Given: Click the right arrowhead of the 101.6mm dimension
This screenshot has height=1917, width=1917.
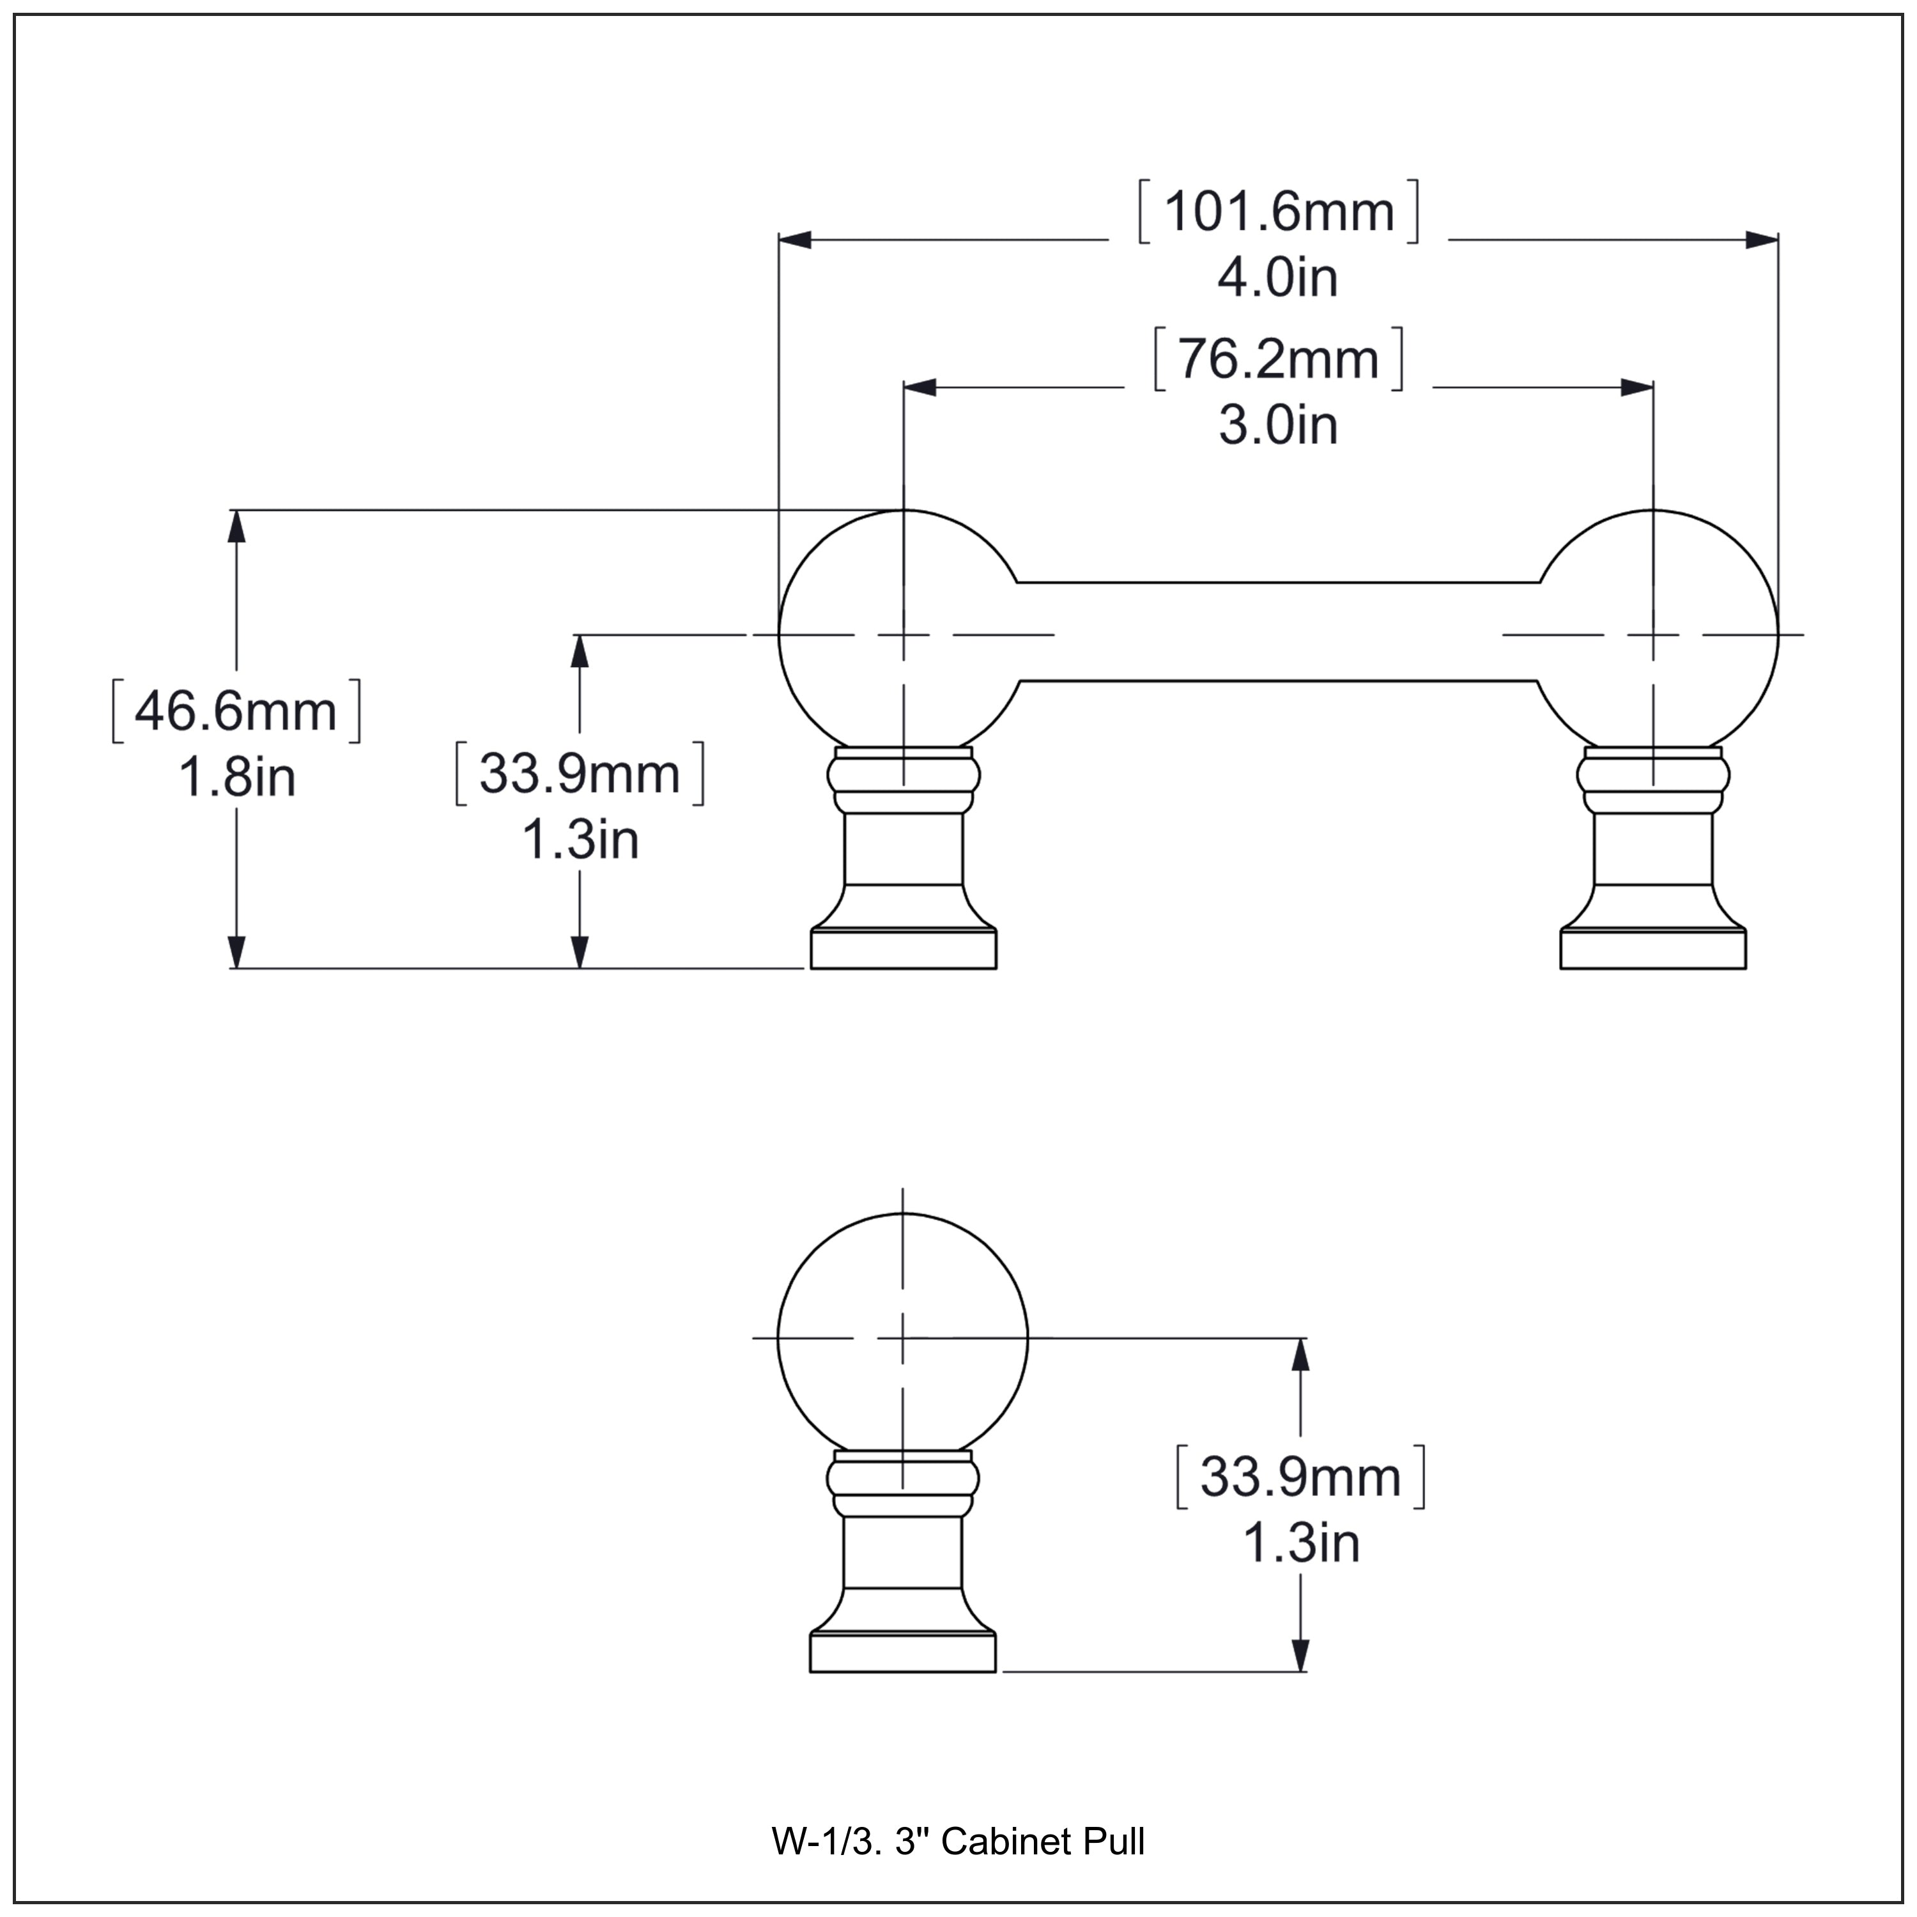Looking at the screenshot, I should tap(1761, 239).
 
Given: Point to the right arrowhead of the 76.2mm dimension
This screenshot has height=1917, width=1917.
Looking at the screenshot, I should tap(1636, 387).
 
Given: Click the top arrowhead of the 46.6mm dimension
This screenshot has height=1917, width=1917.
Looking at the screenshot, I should tap(236, 527).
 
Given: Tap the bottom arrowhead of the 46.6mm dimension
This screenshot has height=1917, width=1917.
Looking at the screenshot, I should tap(236, 951).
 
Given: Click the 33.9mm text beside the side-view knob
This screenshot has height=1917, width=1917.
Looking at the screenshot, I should tap(1300, 1477).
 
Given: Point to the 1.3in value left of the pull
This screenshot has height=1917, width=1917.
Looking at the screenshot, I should tap(580, 840).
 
